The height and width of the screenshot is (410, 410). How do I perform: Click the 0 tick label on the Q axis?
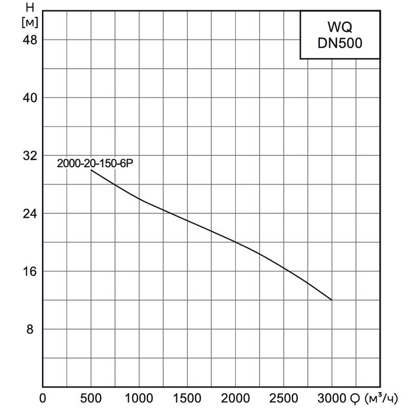click(43, 398)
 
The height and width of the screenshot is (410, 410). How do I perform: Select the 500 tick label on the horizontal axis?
click(91, 398)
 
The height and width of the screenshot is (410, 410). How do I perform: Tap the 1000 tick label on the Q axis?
click(139, 398)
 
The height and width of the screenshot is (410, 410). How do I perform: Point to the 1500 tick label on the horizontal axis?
click(187, 398)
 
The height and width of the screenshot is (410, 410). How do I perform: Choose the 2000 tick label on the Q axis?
click(235, 398)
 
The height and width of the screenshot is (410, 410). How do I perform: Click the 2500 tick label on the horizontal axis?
click(283, 398)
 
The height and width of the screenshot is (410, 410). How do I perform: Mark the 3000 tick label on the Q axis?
click(332, 398)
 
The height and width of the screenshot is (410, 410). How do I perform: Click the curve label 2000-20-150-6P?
click(98, 163)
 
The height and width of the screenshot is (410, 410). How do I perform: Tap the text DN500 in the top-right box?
click(339, 44)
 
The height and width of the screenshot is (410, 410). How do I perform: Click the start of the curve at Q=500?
click(91, 170)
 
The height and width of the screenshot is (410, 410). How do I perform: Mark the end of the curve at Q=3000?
click(332, 300)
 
